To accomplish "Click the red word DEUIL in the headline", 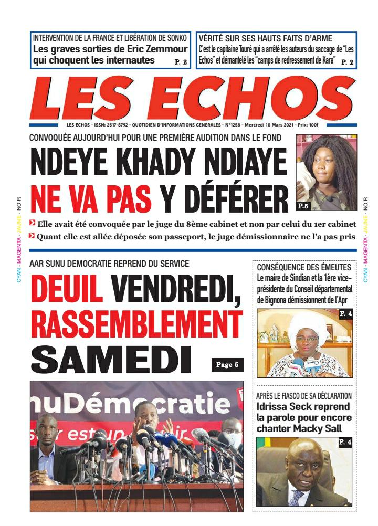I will coord(67,291).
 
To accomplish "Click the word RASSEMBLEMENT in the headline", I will coord(136,325).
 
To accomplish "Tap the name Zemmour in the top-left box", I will coord(164,50).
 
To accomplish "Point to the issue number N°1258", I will coord(233,126).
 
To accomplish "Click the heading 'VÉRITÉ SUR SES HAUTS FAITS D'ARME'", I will coord(250,38).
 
